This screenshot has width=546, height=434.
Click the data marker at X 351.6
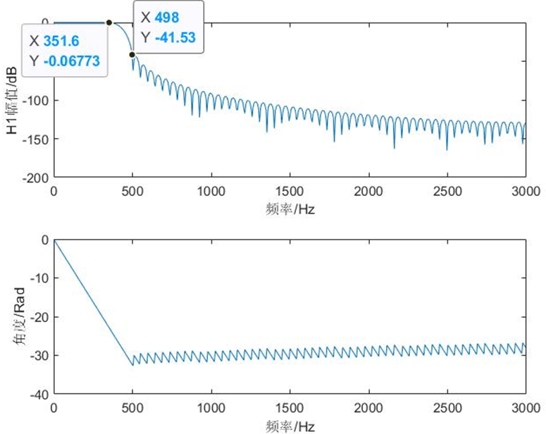point(109,23)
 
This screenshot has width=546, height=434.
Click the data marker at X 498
point(132,54)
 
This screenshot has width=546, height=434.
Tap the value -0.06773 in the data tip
point(75,61)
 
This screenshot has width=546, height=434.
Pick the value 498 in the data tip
point(168,17)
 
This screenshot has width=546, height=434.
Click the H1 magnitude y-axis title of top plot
point(10,99)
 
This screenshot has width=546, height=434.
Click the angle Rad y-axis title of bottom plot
point(10,317)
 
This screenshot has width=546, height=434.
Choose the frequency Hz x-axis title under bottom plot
point(290,426)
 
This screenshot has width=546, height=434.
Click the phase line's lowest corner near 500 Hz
point(132,365)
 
